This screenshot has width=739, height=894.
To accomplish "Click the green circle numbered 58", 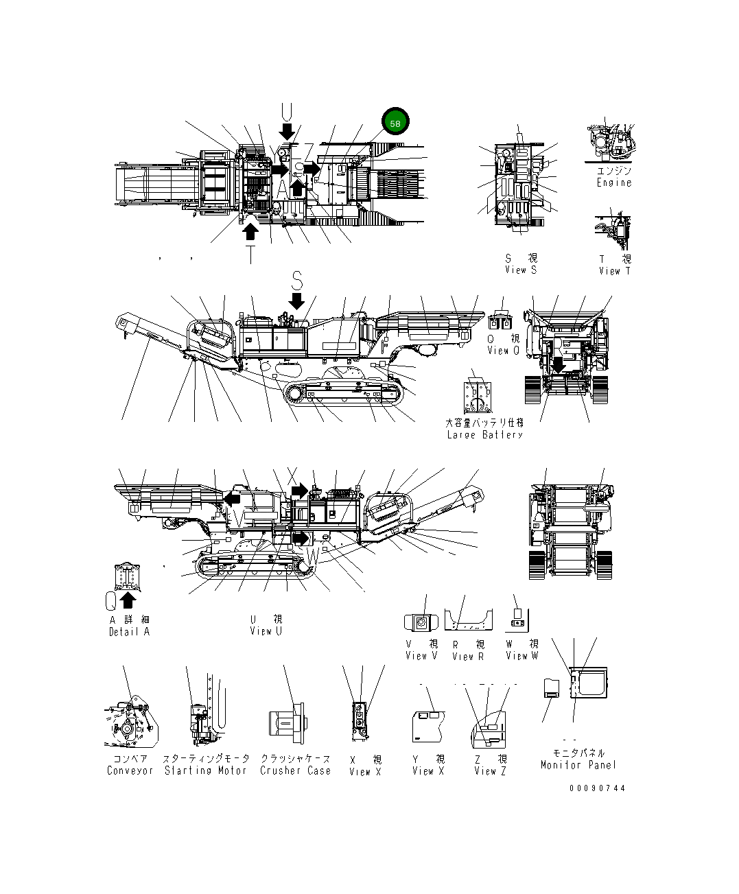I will tap(395, 123).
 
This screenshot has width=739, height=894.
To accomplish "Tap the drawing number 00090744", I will tap(597, 788).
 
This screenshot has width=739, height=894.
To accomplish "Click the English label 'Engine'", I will tap(613, 183).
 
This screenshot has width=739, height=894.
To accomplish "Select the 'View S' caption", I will tap(521, 270).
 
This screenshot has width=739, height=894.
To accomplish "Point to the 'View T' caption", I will tap(614, 271).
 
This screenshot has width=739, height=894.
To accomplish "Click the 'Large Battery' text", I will tap(484, 435).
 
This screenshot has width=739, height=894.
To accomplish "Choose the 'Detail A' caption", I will tap(129, 632).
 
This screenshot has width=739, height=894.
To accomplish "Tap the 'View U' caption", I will tap(266, 631).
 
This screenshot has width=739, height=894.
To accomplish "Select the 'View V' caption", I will tap(421, 656).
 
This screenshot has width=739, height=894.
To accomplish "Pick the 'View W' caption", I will tap(521, 656).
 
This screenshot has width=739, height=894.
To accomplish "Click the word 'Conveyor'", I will tap(130, 771).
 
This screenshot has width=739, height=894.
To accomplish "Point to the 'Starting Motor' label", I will tap(205, 771).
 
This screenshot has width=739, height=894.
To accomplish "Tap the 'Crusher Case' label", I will tap(295, 771).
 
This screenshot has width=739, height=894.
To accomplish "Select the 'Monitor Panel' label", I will tap(578, 765).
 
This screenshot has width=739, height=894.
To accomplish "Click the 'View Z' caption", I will tap(490, 771).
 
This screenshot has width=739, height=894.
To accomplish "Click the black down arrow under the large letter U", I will tap(287, 130).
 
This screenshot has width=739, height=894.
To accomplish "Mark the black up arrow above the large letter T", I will tap(251, 232).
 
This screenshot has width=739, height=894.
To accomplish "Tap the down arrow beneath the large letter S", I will tap(296, 301).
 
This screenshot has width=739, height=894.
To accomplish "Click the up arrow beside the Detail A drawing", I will tap(127, 600).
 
